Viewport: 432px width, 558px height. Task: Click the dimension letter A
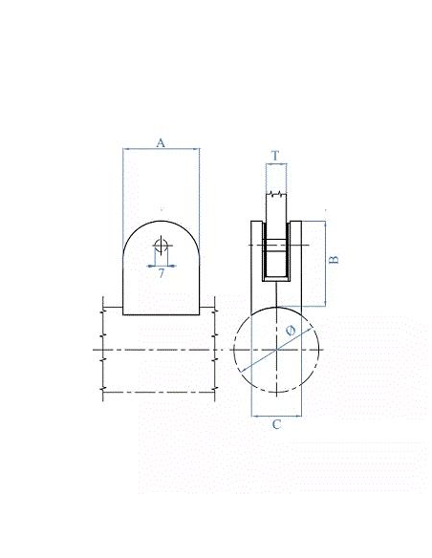161,143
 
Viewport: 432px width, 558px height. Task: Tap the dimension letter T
275,156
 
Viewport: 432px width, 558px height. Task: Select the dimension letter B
335,260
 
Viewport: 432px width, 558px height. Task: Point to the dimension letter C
276,424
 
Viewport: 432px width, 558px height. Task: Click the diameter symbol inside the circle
291,331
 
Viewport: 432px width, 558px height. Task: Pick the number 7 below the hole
162,273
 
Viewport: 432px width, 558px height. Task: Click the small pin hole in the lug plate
161,246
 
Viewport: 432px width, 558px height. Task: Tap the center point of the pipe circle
276,350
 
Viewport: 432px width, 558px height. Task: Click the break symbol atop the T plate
276,194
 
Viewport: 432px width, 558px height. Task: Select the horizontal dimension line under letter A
162,149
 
